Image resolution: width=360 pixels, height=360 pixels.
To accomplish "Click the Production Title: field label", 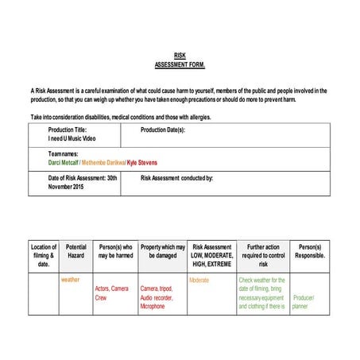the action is [68, 130].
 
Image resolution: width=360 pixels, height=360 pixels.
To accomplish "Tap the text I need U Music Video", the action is [72, 138].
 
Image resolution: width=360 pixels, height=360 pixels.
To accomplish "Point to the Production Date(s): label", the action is [163, 130].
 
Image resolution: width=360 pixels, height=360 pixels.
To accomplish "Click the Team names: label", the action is [64, 153].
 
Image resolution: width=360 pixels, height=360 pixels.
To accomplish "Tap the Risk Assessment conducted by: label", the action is [176, 178].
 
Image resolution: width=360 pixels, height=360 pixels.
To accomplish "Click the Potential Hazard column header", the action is [75, 251].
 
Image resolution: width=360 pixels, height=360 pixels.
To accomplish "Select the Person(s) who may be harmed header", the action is [114, 251].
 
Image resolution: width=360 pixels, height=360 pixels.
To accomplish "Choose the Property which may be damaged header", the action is [162, 251].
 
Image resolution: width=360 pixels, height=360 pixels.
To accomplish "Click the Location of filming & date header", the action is [44, 255].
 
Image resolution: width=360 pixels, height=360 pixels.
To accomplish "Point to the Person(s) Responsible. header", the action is [310, 251].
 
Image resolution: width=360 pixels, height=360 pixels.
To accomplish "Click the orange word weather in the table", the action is [71, 280].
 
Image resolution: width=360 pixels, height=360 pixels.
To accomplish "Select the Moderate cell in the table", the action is [199, 281].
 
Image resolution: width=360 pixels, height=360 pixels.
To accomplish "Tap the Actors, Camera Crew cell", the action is [111, 293].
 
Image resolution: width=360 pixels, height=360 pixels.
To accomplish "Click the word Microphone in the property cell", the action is [153, 306].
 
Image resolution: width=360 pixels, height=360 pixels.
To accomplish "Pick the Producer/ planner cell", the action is [304, 302].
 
